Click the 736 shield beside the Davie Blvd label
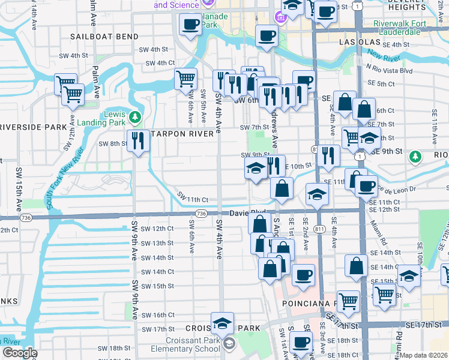(202, 214)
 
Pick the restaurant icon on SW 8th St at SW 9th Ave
(139, 140)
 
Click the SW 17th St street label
(157, 329)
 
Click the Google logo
(20, 353)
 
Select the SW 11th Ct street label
(193, 199)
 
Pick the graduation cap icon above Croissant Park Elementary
(222, 323)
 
